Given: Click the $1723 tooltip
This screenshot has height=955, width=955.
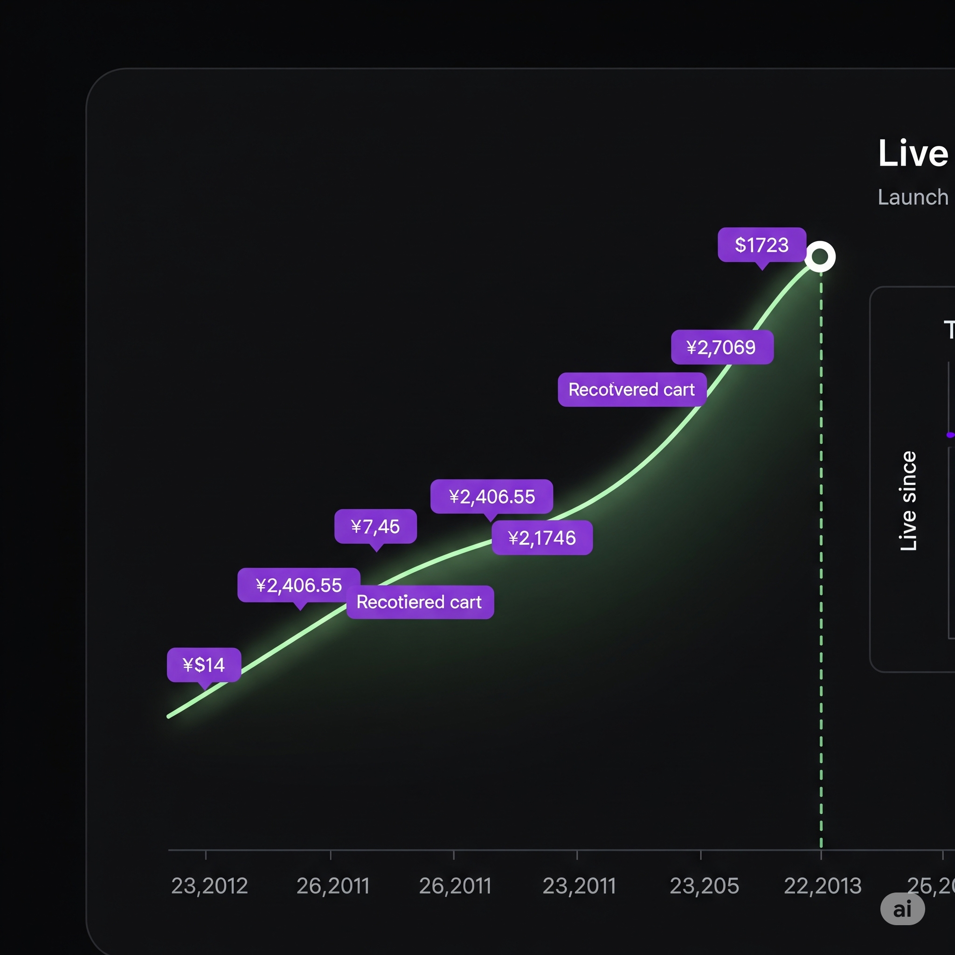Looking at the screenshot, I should pyautogui.click(x=762, y=245).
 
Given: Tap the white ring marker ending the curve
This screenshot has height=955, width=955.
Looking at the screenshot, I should pyautogui.click(x=820, y=256).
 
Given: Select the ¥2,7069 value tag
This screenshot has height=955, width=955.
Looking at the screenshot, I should pyautogui.click(x=722, y=347).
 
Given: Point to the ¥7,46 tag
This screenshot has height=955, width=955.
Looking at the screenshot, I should pyautogui.click(x=375, y=526).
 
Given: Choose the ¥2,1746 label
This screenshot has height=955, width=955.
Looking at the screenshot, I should pyautogui.click(x=542, y=538).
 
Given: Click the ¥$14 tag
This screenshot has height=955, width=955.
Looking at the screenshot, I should pyautogui.click(x=204, y=665).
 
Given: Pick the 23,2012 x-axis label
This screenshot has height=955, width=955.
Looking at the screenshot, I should pyautogui.click(x=209, y=886).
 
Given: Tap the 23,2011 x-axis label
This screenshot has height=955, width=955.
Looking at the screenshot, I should pyautogui.click(x=579, y=886).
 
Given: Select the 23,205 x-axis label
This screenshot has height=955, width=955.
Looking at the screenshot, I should pyautogui.click(x=704, y=886).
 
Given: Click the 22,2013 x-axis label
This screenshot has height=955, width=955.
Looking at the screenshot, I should pyautogui.click(x=823, y=886).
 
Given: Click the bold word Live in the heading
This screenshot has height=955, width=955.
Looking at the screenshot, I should pyautogui.click(x=913, y=153).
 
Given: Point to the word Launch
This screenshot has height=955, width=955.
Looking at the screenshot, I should pyautogui.click(x=913, y=197).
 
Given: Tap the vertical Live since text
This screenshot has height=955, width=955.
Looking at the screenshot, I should pyautogui.click(x=908, y=501).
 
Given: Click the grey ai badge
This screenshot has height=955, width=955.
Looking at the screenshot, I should pyautogui.click(x=902, y=909).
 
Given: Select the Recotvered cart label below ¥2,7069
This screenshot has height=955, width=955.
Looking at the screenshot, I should pyautogui.click(x=631, y=389).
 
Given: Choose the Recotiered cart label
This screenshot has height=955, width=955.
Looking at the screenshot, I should pyautogui.click(x=419, y=602).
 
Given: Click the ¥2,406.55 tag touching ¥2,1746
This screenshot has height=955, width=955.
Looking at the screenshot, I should pyautogui.click(x=491, y=496).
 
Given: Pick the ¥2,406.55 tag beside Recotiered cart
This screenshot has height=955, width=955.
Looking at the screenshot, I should pyautogui.click(x=298, y=585).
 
